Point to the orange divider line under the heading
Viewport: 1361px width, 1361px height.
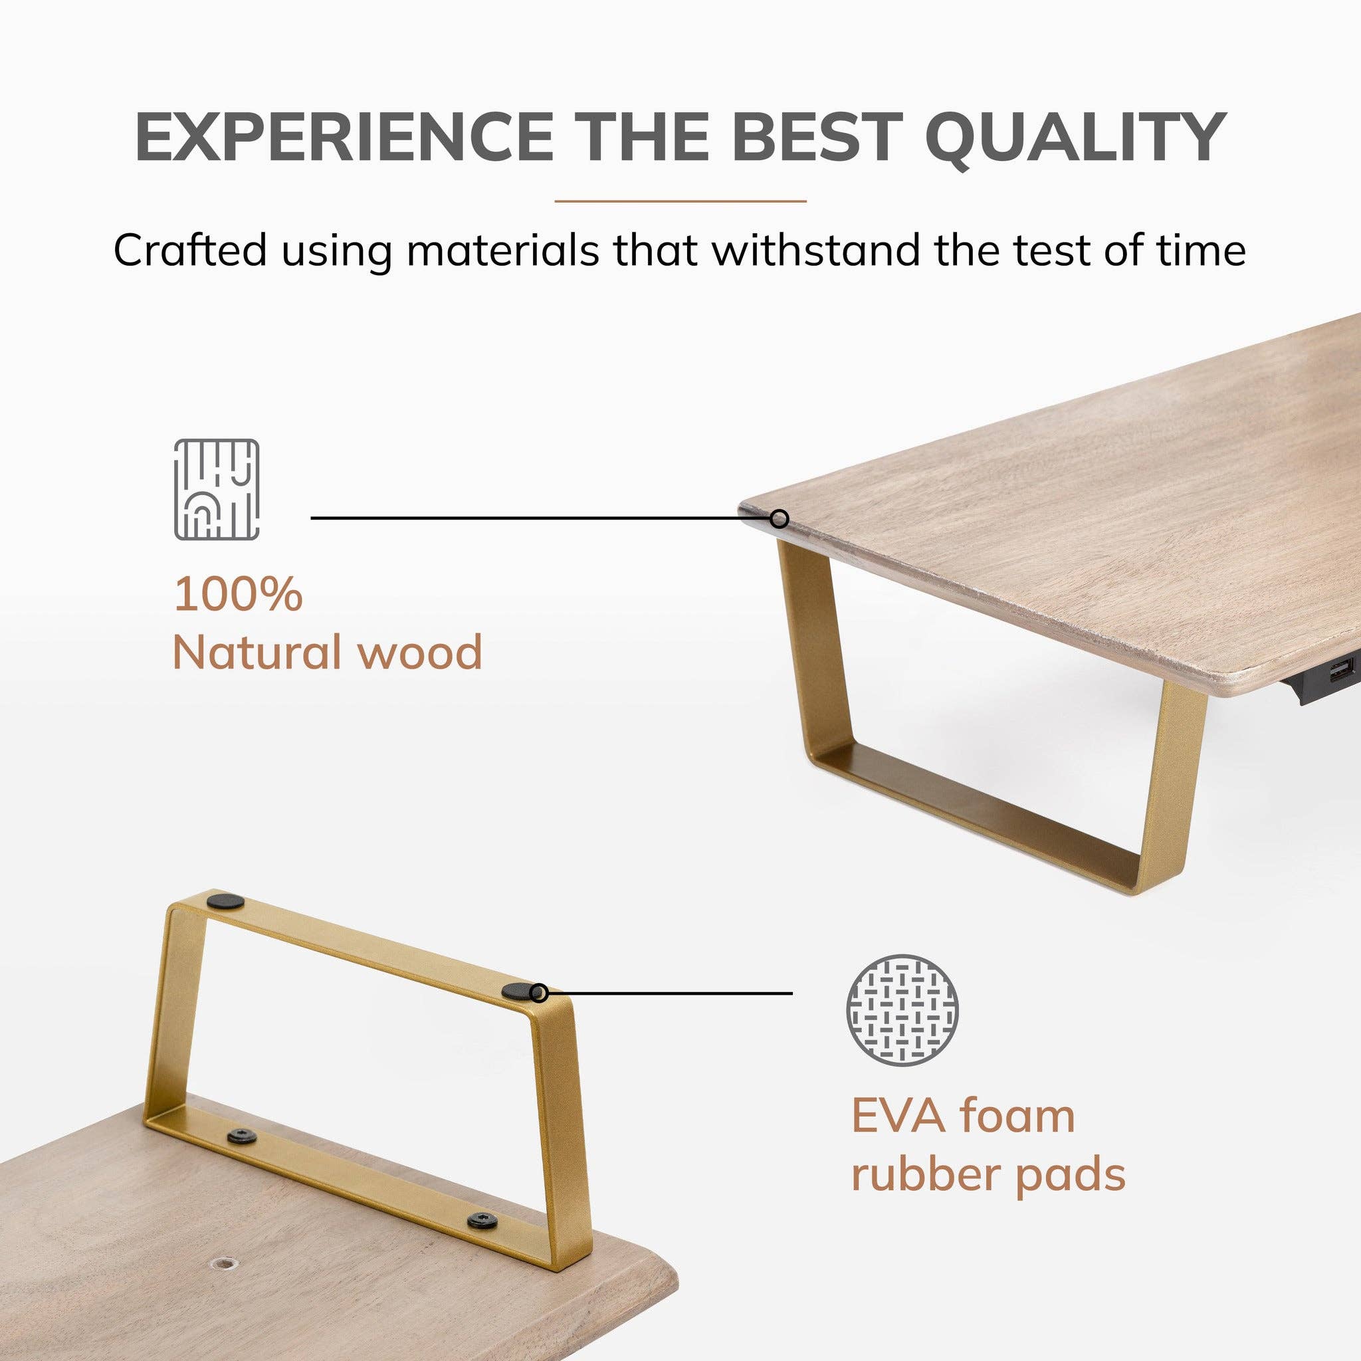tap(680, 201)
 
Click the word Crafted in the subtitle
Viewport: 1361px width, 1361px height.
tap(190, 249)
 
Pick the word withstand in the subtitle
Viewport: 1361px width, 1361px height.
tap(817, 249)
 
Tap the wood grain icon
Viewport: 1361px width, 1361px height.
tap(216, 490)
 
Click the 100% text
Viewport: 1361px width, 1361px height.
tap(238, 593)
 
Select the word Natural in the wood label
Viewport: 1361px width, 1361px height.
tap(257, 653)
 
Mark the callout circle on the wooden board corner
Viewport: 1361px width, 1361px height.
tap(778, 519)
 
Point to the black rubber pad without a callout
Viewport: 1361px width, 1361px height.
tap(225, 900)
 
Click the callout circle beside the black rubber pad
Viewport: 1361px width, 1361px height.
tap(540, 994)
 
